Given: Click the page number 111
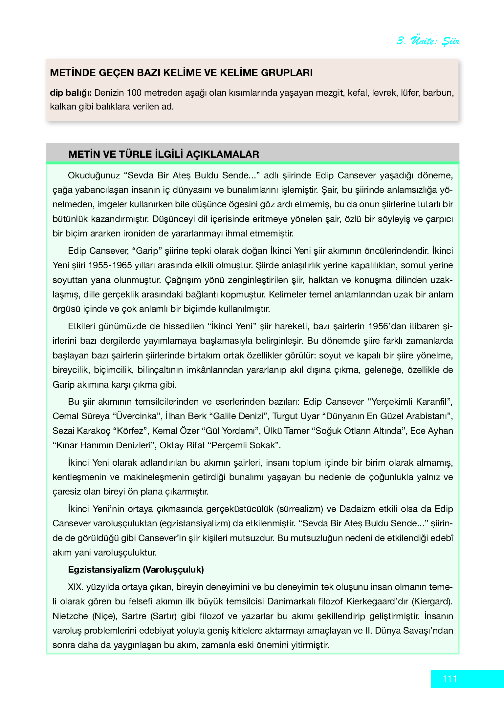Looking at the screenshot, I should [449, 679].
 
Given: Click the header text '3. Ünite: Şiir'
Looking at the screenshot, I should [428, 41].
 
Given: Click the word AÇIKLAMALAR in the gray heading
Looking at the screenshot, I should [223, 154].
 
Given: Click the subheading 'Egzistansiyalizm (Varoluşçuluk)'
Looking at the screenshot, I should [136, 570].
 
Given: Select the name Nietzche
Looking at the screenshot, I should [70, 616].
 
